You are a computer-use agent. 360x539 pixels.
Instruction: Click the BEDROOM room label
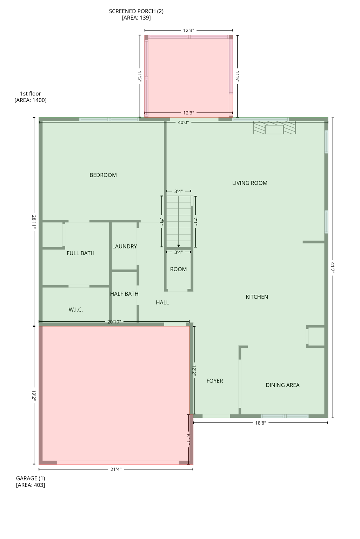click(x=103, y=175)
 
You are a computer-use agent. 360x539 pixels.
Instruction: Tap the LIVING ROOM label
click(x=250, y=183)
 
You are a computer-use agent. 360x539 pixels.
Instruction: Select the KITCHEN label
click(x=257, y=297)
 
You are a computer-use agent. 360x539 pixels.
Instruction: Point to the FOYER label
click(x=215, y=381)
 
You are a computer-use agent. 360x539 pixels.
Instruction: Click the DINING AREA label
click(x=282, y=385)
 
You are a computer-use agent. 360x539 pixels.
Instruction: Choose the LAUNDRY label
click(x=125, y=246)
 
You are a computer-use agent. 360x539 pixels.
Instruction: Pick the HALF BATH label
click(x=124, y=294)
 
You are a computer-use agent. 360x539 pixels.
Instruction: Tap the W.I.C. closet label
click(x=76, y=310)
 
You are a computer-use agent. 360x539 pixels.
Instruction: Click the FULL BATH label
click(x=81, y=253)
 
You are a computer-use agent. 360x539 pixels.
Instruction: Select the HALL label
click(x=162, y=302)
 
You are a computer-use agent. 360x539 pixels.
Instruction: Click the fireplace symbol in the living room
click(x=274, y=128)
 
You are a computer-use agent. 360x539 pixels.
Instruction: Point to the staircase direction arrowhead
click(x=179, y=246)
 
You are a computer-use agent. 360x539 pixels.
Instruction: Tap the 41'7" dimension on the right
click(x=332, y=268)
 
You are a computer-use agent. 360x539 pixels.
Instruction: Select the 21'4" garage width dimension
click(x=116, y=469)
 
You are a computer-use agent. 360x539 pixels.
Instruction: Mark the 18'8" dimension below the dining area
click(x=260, y=423)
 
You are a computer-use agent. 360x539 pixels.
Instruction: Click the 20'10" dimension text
click(x=114, y=322)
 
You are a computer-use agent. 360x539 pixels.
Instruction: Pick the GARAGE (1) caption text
click(x=31, y=478)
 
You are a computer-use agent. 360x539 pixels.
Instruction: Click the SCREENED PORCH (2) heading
click(x=136, y=11)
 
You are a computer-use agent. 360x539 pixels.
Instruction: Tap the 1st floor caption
click(x=31, y=94)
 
